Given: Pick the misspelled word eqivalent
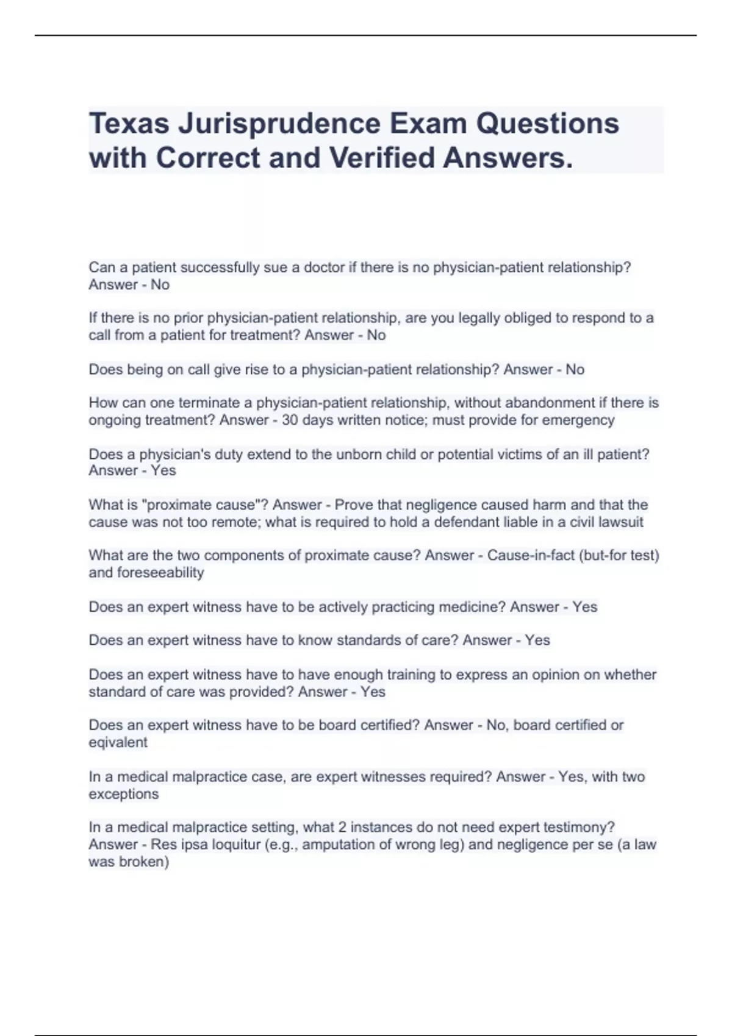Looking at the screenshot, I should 118,743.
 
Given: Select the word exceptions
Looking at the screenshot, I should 123,794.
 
